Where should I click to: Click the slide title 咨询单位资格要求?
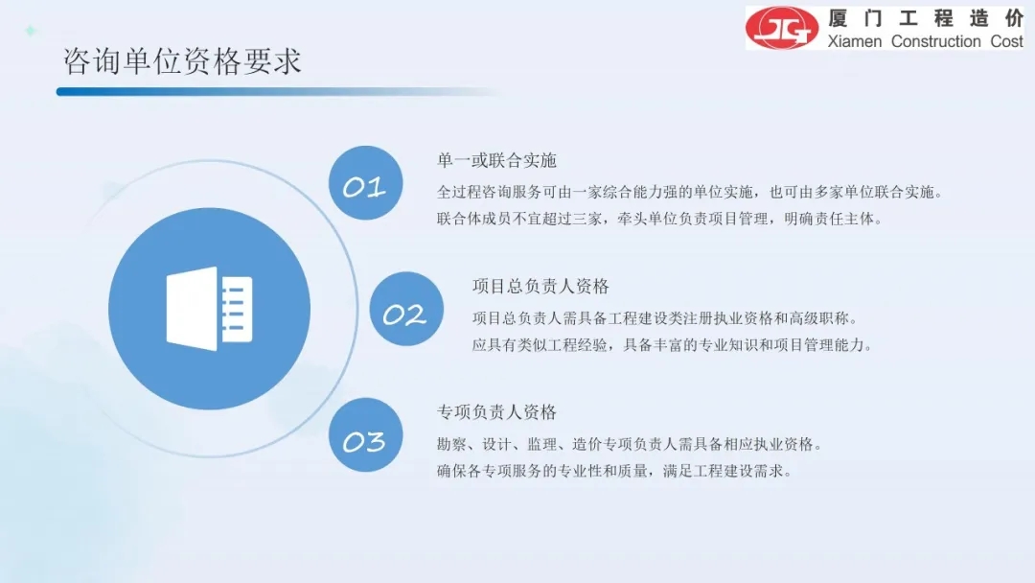(x=182, y=61)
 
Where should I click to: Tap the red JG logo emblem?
(x=782, y=28)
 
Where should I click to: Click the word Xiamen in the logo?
(x=855, y=41)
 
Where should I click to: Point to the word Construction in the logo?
(x=936, y=41)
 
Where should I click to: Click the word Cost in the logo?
(x=1006, y=41)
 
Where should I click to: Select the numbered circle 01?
(x=366, y=183)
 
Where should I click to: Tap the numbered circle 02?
(x=406, y=309)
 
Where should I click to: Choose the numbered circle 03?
(x=366, y=435)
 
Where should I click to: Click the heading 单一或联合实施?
(x=497, y=160)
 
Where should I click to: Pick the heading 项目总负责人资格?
(x=540, y=287)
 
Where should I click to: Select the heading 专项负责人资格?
(x=497, y=412)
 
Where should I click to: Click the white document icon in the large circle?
(x=209, y=309)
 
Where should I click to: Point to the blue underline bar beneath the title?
(x=277, y=92)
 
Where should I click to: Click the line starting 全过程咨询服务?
(x=690, y=192)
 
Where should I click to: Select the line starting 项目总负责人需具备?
(x=665, y=318)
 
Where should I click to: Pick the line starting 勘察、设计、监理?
(x=630, y=444)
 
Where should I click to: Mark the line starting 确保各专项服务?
(x=614, y=471)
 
